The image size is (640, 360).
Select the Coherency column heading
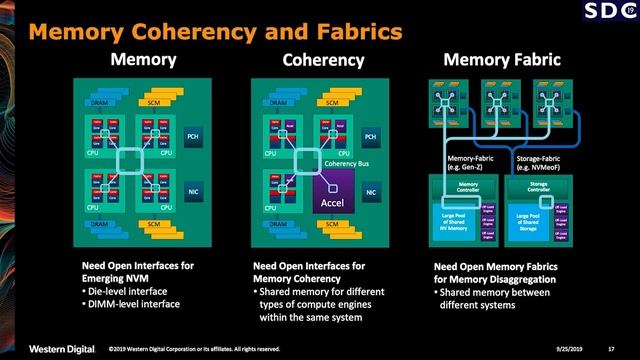322,60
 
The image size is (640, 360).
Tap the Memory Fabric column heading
490,60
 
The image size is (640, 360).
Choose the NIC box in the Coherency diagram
371,189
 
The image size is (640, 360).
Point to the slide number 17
610,348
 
